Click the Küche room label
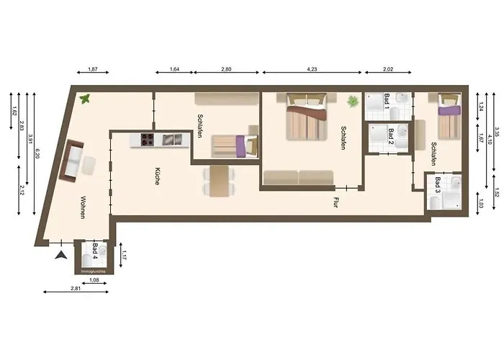pos(156,177)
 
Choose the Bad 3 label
pos(438,186)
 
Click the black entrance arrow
pos(62,254)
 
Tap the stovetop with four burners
pos(147,140)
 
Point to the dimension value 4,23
pos(312,70)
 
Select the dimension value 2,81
pos(76,288)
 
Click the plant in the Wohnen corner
pos(86,98)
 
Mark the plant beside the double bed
pos(353,102)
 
